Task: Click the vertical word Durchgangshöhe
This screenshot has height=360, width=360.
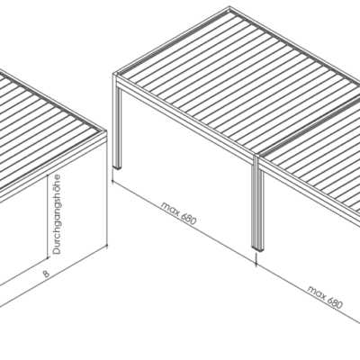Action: pyautogui.click(x=57, y=214)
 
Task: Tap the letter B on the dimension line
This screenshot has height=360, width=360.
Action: pyautogui.click(x=46, y=274)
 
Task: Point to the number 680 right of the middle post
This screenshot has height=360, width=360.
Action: pyautogui.click(x=335, y=303)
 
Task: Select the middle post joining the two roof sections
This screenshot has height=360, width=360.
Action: pyautogui.click(x=258, y=203)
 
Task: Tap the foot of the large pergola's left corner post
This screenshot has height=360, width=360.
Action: pyautogui.click(x=117, y=167)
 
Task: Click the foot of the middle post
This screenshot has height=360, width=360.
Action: pyautogui.click(x=258, y=248)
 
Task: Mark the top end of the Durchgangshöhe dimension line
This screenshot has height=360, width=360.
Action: pyautogui.click(x=48, y=175)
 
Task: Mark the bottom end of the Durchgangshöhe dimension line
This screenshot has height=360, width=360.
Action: pyautogui.click(x=48, y=257)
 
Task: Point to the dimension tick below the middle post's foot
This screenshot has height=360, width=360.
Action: pyautogui.click(x=256, y=260)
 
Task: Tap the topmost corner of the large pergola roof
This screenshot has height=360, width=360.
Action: pyautogui.click(x=229, y=6)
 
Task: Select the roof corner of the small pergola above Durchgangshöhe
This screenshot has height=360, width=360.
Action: pyautogui.click(x=106, y=132)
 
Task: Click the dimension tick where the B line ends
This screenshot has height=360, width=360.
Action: pyautogui.click(x=107, y=246)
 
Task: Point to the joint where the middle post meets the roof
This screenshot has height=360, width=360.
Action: pyautogui.click(x=257, y=157)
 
